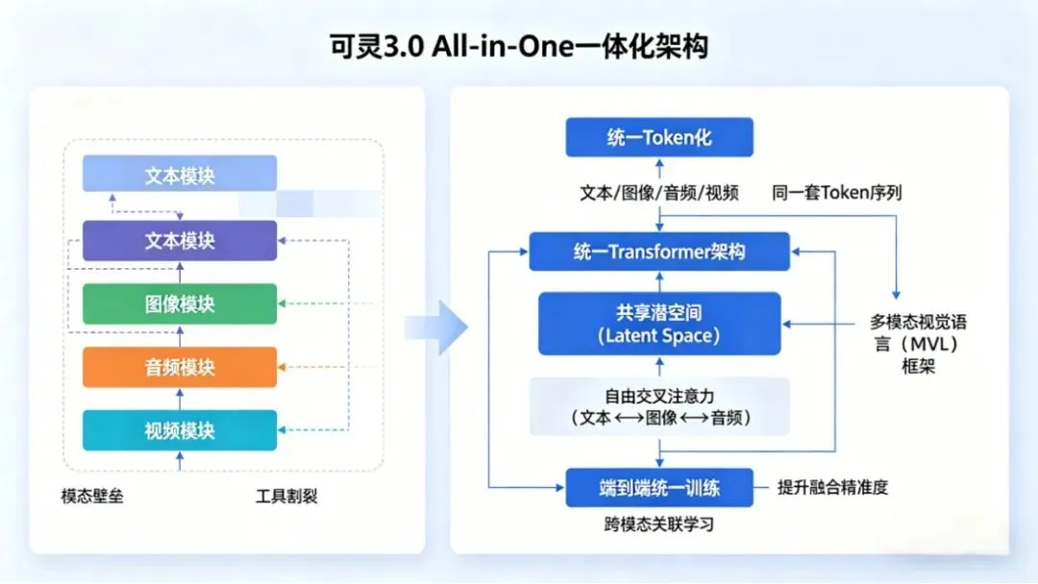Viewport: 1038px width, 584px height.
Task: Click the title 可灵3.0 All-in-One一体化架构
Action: [x=518, y=46]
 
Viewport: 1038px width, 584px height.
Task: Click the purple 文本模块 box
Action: [x=180, y=240]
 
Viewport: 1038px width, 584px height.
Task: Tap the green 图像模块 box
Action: [x=180, y=304]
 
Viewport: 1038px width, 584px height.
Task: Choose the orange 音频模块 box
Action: [x=180, y=367]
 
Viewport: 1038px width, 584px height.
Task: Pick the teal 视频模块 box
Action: [x=180, y=430]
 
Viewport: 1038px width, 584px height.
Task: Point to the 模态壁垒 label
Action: [x=92, y=497]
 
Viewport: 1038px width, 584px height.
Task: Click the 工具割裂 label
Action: [x=286, y=497]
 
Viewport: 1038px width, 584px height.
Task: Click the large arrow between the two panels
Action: [x=437, y=328]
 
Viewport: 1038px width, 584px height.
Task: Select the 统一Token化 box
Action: [x=659, y=137]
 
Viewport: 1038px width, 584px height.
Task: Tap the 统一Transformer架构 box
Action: [x=659, y=252]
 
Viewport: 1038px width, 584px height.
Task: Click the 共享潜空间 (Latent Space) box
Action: [x=659, y=325]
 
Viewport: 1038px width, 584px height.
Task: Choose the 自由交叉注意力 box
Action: [x=659, y=406]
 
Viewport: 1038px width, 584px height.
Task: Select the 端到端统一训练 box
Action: [x=659, y=487]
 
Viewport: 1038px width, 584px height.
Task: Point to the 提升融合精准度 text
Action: [x=832, y=487]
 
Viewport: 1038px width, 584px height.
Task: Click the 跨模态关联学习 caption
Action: [x=659, y=525]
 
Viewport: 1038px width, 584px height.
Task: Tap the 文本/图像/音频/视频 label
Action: [x=659, y=193]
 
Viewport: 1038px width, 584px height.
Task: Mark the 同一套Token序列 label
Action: [x=836, y=193]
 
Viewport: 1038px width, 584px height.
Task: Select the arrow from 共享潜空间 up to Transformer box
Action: [x=659, y=280]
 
